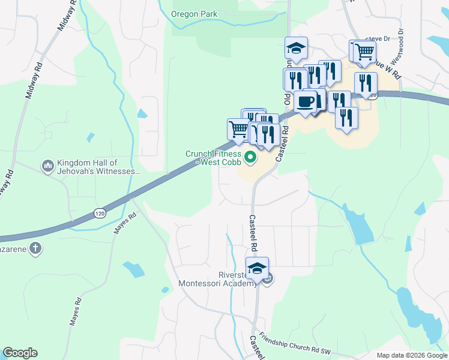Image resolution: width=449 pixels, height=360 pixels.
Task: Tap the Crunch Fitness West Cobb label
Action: click(213, 158)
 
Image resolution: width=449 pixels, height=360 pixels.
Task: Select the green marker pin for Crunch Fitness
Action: click(250, 158)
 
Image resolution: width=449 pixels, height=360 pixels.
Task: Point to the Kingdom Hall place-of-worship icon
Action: click(47, 164)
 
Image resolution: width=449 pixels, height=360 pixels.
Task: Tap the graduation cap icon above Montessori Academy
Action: click(257, 268)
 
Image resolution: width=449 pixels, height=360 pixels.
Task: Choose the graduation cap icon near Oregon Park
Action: click(296, 48)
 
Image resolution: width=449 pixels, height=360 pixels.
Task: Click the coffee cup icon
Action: click(306, 101)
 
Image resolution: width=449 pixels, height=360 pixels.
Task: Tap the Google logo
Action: click(20, 353)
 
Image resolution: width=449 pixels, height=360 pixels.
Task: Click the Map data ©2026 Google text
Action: click(411, 355)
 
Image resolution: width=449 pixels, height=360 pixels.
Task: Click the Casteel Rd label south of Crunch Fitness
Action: click(253, 233)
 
